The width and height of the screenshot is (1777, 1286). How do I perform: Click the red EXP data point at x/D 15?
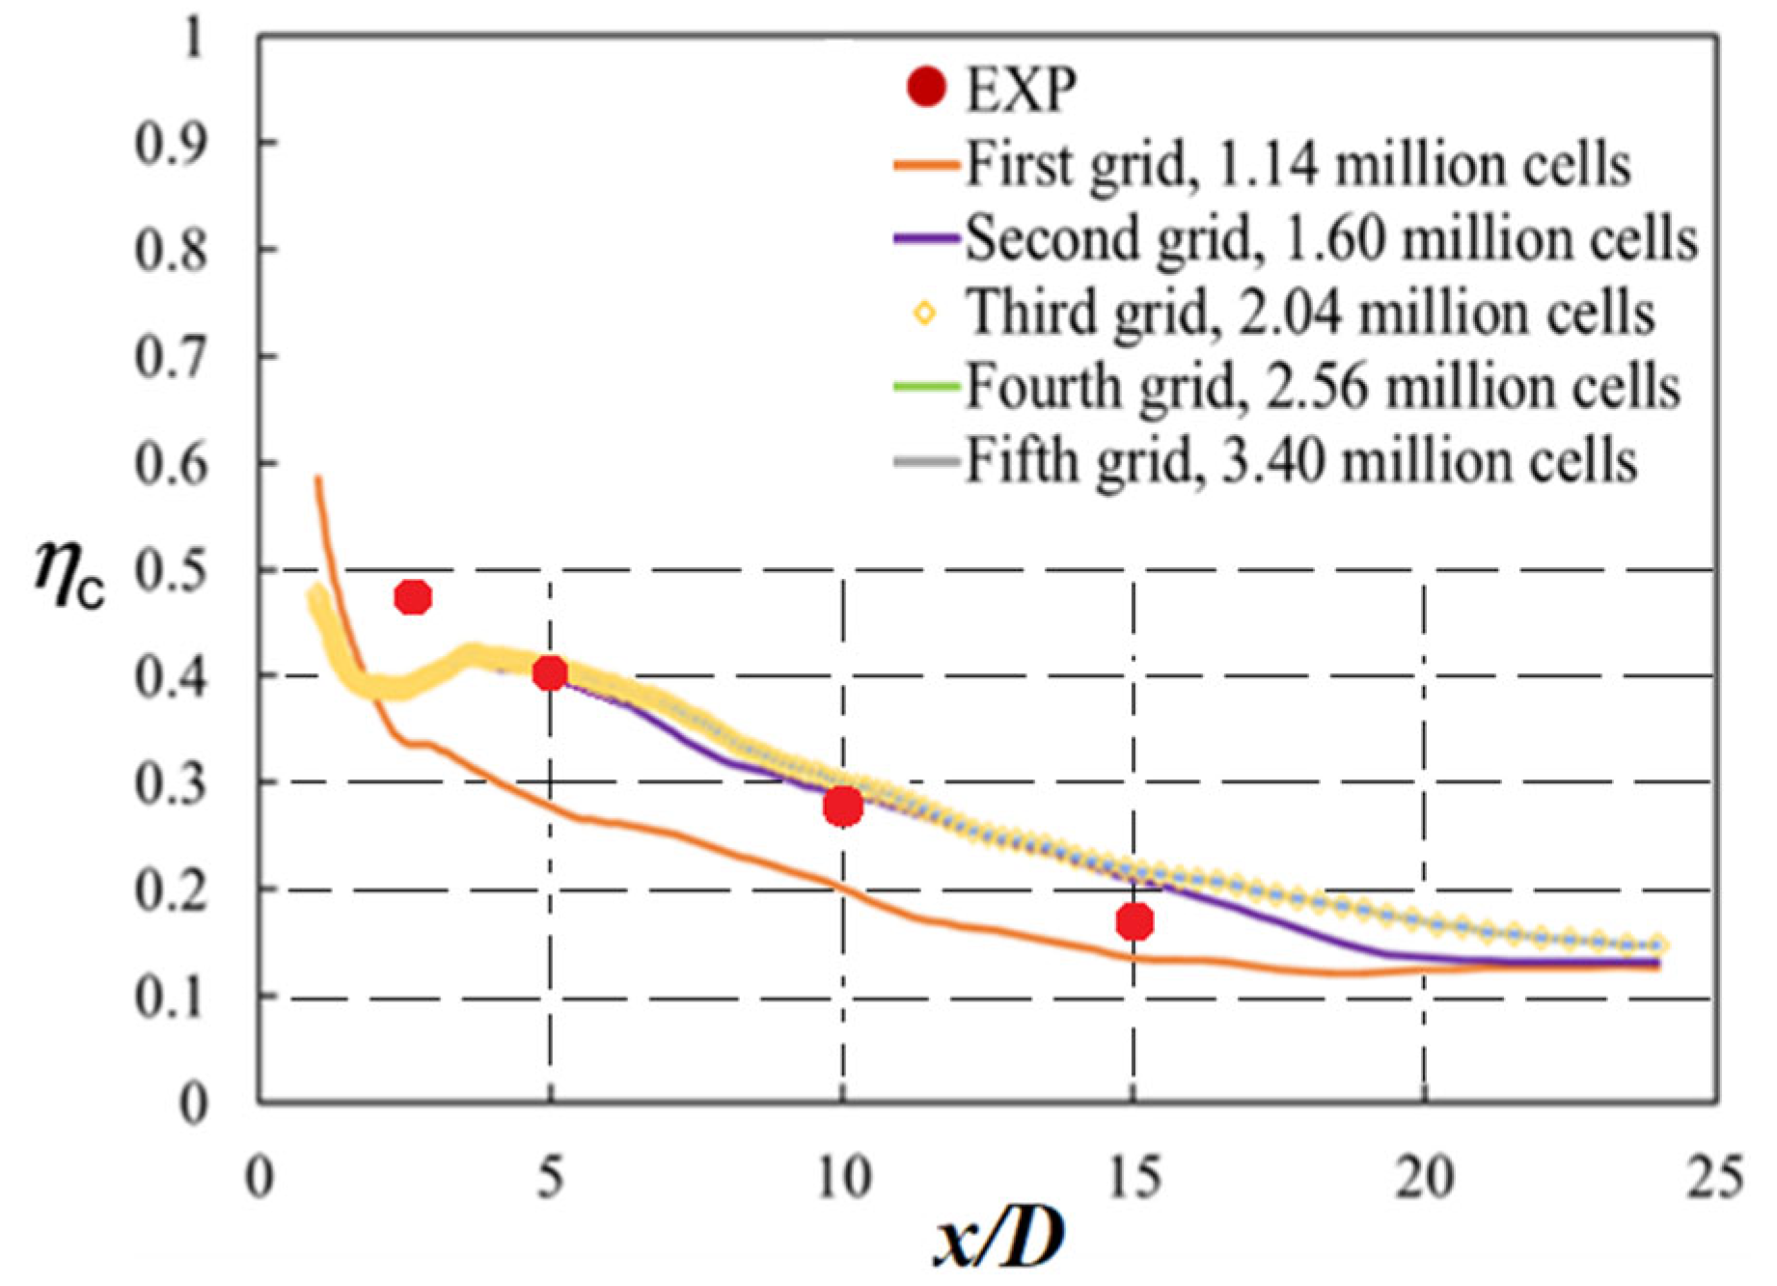1135,921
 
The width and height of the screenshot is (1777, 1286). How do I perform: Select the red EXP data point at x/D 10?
843,806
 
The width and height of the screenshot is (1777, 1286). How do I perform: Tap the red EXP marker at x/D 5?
550,672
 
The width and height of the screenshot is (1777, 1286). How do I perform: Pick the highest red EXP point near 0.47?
413,597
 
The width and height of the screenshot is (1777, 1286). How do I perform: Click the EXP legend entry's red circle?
926,87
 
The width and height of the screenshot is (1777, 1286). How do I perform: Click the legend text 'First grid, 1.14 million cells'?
1298,164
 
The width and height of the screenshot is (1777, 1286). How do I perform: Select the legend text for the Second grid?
1331,238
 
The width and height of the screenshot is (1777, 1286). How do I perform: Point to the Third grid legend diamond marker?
924,313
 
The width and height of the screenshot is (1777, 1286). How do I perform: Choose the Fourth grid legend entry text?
1323,387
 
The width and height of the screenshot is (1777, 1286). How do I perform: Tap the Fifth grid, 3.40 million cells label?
1301,461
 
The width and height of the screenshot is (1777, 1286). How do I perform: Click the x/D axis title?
999,1238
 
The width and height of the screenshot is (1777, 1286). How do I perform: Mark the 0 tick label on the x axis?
259,1178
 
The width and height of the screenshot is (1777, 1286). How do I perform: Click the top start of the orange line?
317,479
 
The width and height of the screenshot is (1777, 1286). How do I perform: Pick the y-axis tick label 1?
193,39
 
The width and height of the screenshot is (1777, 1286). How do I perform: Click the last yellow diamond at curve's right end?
1658,945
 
